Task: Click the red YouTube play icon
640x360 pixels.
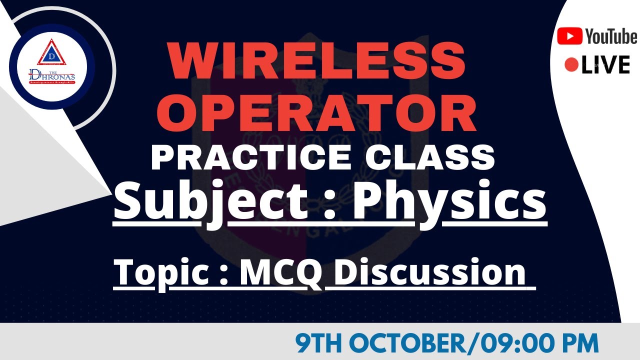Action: tap(569, 36)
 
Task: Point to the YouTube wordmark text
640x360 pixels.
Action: tap(611, 36)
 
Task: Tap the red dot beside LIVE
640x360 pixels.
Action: tap(571, 65)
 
